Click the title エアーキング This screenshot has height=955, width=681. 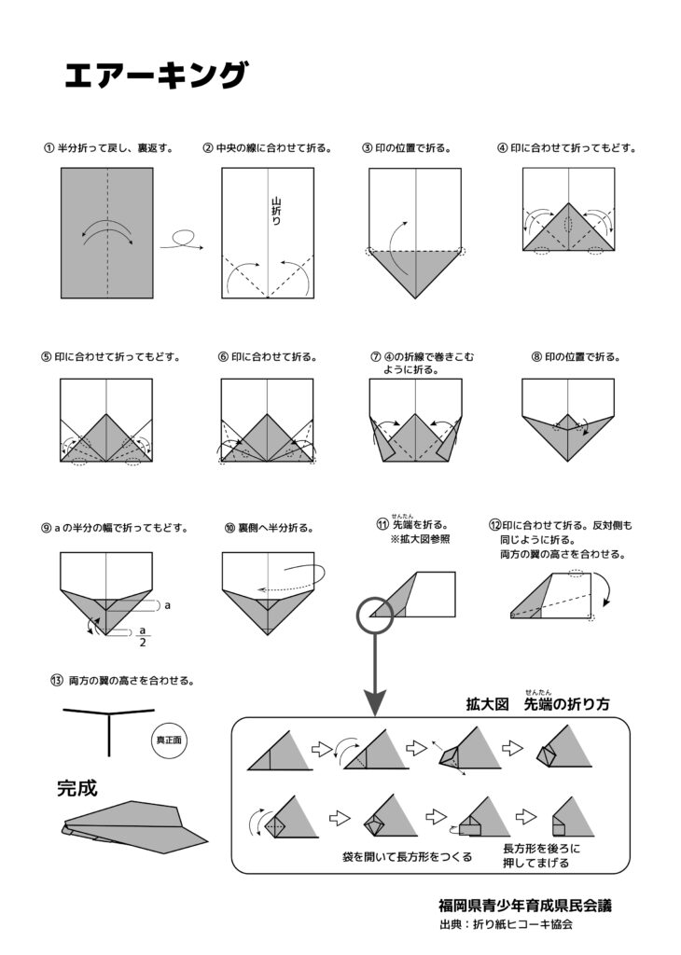pos(156,75)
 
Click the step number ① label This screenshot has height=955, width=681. pos(48,147)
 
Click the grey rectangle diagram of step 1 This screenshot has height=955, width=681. pos(107,233)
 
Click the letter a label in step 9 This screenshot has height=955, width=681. pos(167,605)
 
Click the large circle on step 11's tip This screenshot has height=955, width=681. pos(375,614)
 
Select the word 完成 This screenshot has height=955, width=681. pos(77,789)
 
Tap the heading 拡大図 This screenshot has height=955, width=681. pos(487,705)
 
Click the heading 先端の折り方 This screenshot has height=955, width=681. pos(567,705)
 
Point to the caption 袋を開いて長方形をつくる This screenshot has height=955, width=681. pos(408,855)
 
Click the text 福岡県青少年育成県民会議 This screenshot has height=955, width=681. pos(525,905)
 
